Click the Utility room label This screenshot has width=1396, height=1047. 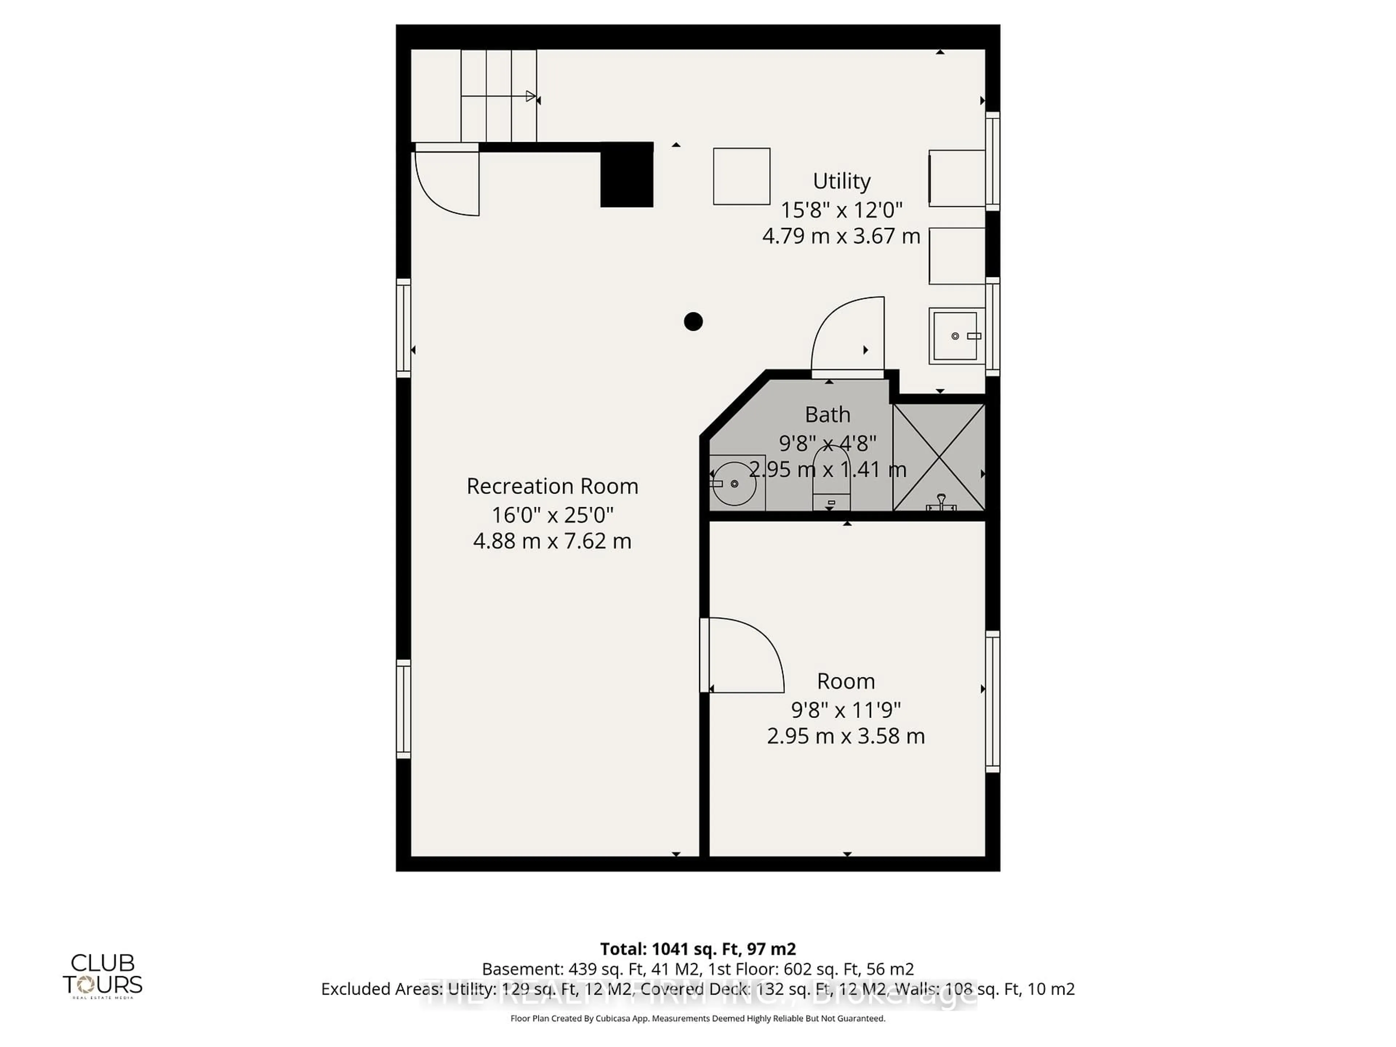(x=841, y=181)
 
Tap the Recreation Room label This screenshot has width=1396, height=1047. (x=552, y=486)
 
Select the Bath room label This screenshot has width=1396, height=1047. (x=827, y=415)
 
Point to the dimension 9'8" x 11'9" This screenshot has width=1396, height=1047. (x=846, y=710)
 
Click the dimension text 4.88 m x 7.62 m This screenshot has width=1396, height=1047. (x=552, y=541)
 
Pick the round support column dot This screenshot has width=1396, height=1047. (x=693, y=322)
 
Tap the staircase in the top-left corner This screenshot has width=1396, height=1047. (x=498, y=96)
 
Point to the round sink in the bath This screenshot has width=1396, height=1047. (x=735, y=484)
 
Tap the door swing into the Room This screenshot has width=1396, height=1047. (x=745, y=656)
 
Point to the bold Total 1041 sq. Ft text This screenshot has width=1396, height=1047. (x=697, y=948)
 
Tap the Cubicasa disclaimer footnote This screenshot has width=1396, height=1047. (x=697, y=1018)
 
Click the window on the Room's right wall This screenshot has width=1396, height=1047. (x=992, y=701)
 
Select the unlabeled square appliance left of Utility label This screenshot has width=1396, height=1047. (x=742, y=176)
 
